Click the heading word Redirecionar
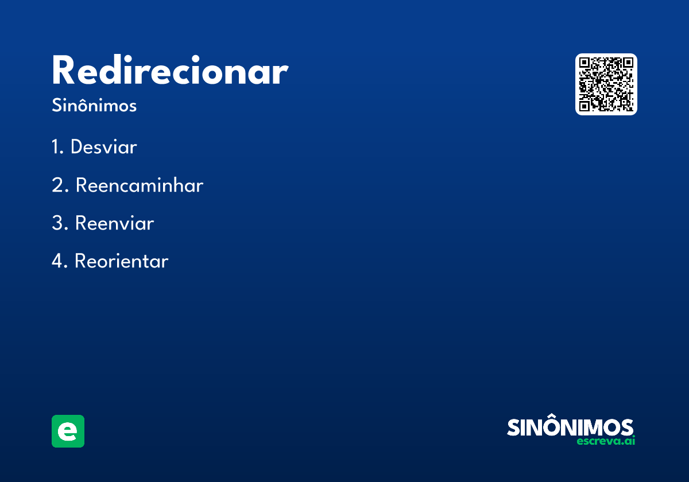tap(170, 70)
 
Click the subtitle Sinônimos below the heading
tap(94, 105)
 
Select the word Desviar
tap(104, 146)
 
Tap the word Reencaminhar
tap(140, 185)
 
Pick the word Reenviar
tap(114, 223)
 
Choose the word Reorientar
tap(122, 261)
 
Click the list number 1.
tap(57, 146)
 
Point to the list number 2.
tap(60, 185)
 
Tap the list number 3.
tap(60, 223)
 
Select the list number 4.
tap(59, 261)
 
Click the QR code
tap(606, 84)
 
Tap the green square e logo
tap(68, 431)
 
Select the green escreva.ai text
tap(606, 441)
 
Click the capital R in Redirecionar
tap(63, 70)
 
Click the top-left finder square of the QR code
tap(584, 63)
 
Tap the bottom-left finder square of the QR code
tap(584, 106)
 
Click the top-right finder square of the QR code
tap(628, 63)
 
